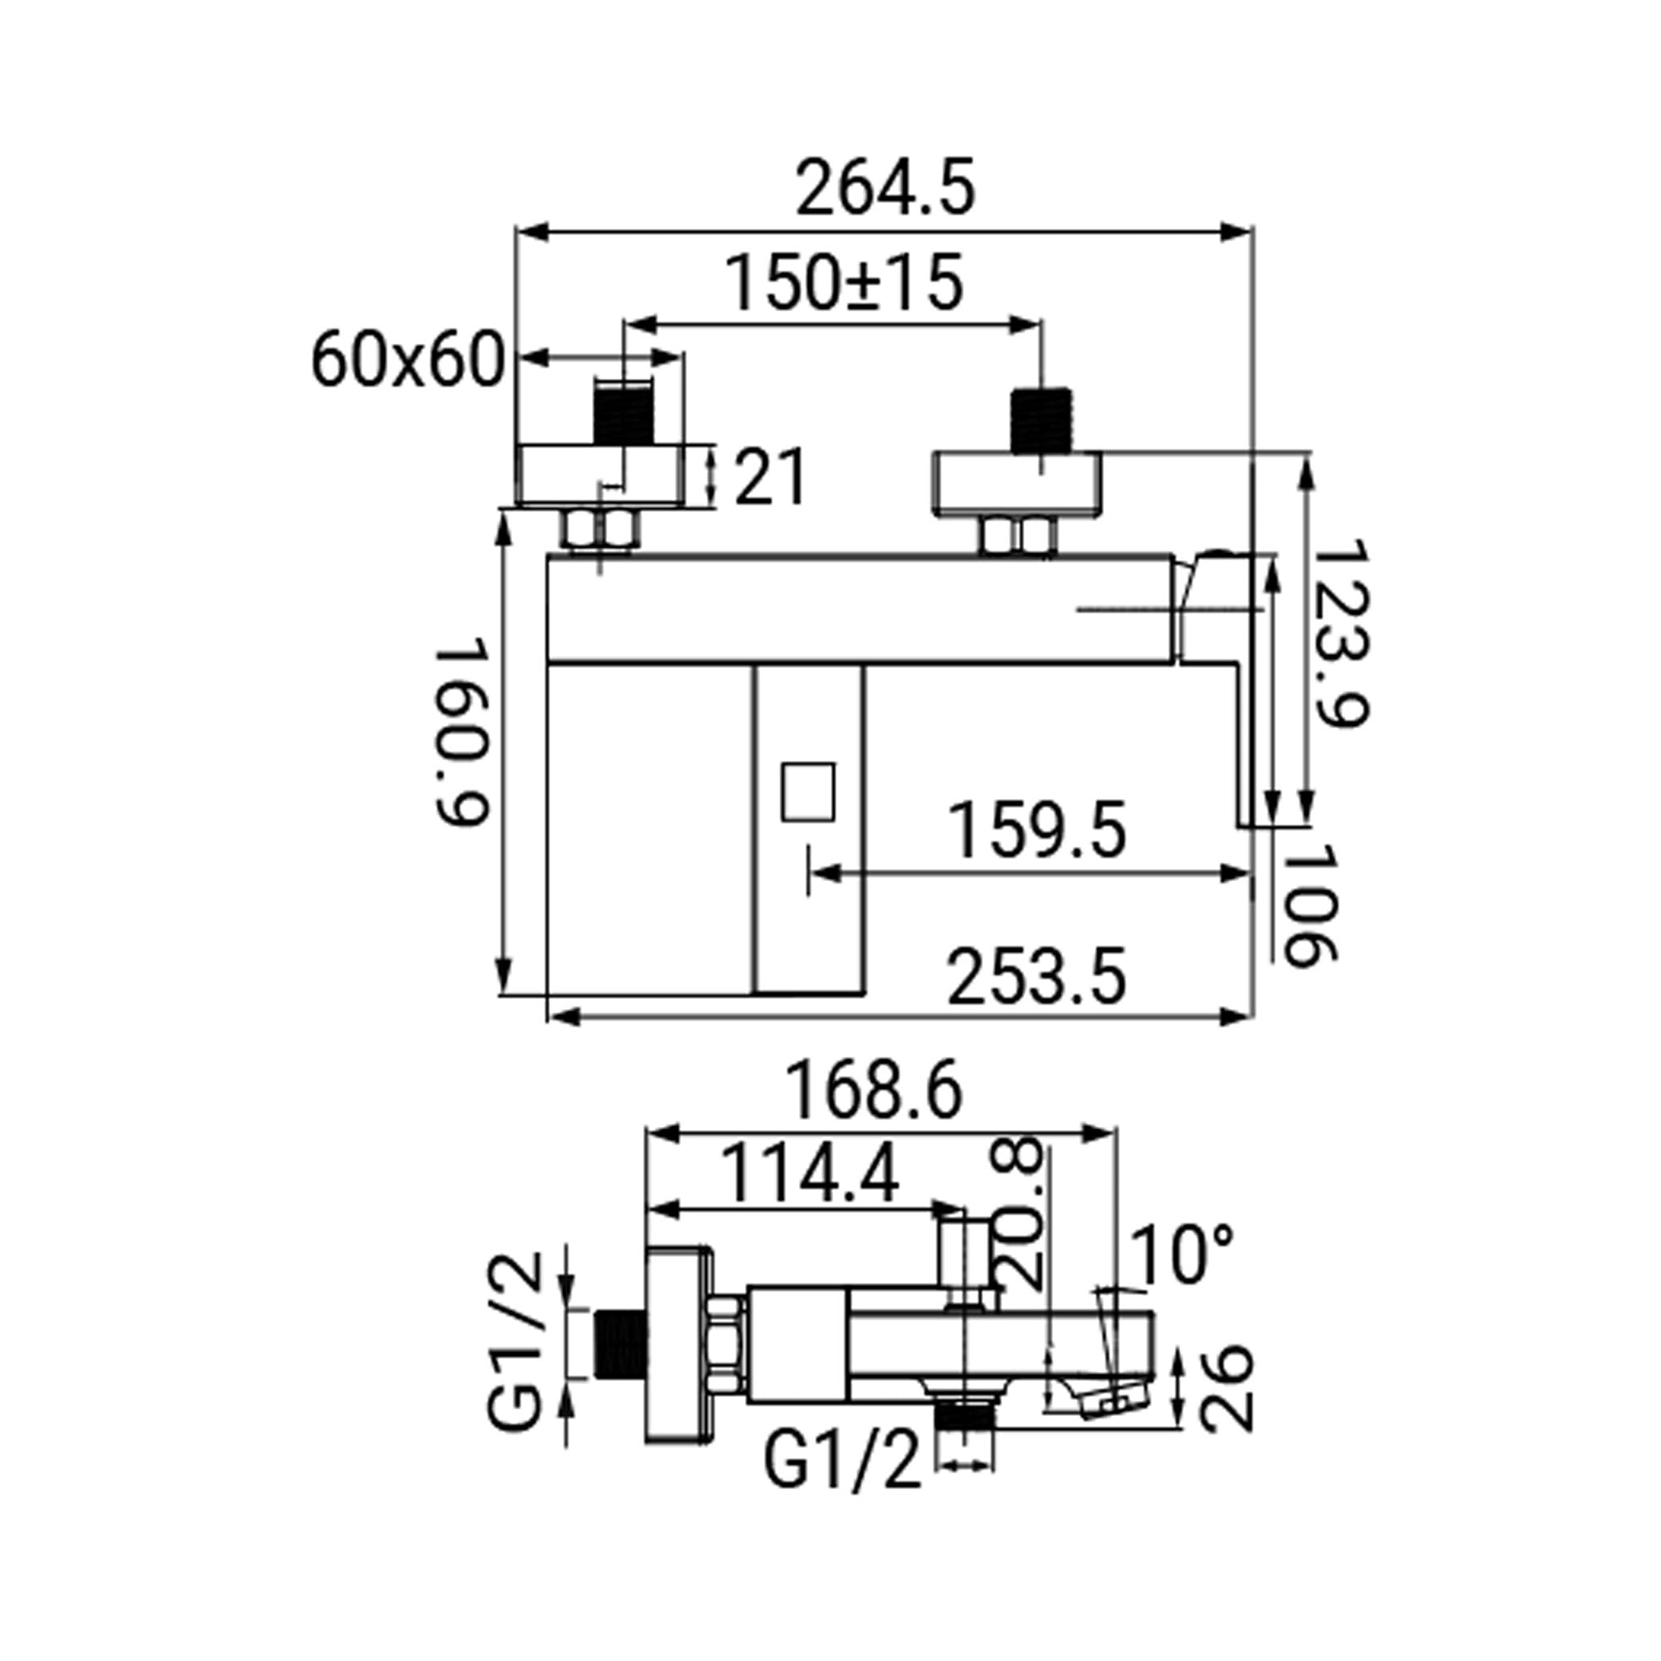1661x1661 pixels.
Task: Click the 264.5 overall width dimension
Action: click(884, 189)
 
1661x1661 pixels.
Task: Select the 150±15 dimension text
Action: click(845, 283)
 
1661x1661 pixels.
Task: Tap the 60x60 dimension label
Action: click(407, 360)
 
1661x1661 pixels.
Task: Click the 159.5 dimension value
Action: click(1036, 830)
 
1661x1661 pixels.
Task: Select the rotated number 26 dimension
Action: click(1225, 1389)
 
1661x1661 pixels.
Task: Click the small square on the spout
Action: click(808, 791)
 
